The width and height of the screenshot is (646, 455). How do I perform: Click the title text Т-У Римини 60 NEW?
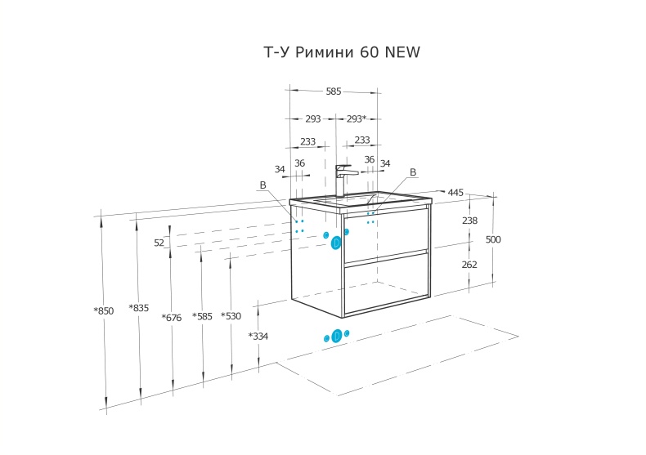[x=342, y=53]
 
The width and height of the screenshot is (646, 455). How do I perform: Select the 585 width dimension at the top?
[x=333, y=91]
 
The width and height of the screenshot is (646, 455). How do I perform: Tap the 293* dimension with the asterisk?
[x=356, y=118]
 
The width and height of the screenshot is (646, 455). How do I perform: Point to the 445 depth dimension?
[x=455, y=193]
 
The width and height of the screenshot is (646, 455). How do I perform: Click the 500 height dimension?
[x=493, y=239]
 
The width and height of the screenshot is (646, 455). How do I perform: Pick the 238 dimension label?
[x=469, y=221]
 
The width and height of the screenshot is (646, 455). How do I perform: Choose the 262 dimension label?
[x=469, y=265]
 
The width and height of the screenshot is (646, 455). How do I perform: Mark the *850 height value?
[x=103, y=310]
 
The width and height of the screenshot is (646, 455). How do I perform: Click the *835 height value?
[x=138, y=308]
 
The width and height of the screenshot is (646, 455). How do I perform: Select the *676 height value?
[x=171, y=318]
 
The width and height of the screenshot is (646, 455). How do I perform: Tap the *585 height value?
[x=202, y=316]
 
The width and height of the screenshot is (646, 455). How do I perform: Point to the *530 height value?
[x=231, y=316]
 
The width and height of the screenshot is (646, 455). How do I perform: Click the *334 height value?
[x=258, y=336]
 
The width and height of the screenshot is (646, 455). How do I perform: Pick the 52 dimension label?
[x=159, y=243]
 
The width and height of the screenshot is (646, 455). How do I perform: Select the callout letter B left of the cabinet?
[x=263, y=185]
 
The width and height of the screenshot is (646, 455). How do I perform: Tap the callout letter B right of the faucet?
[x=413, y=172]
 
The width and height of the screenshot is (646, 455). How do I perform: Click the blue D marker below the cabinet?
[x=336, y=336]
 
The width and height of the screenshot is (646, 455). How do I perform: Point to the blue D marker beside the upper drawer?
[x=336, y=241]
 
